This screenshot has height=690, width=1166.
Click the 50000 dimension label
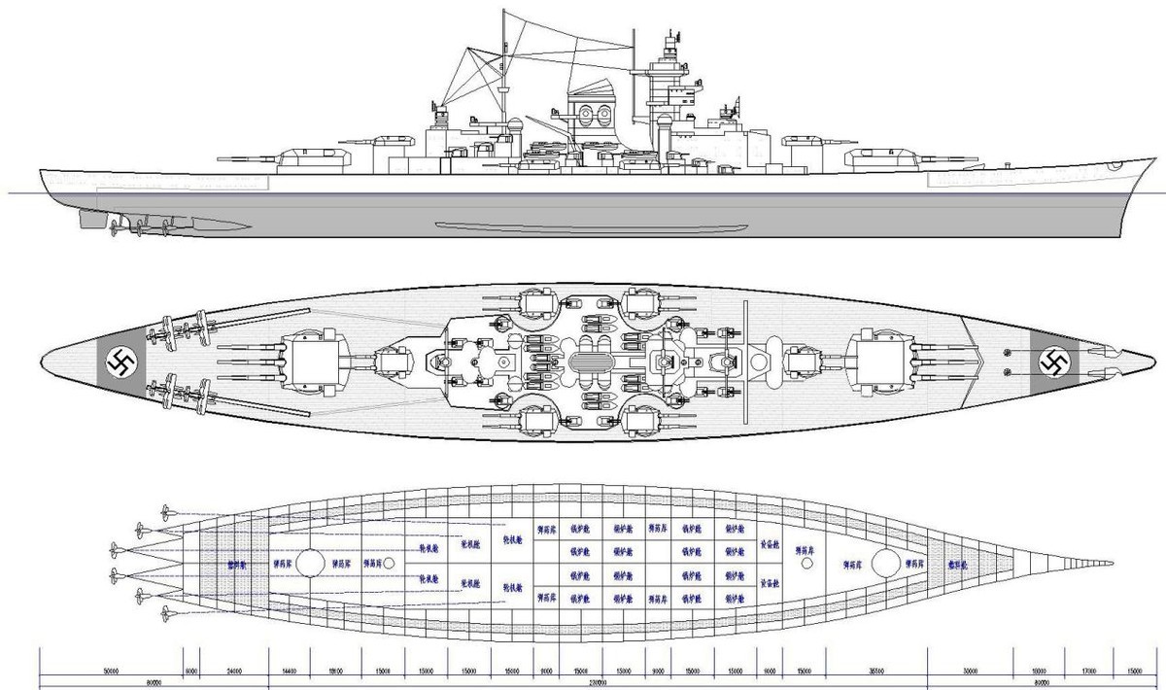click(x=109, y=671)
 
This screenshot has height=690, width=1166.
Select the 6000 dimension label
click(x=190, y=671)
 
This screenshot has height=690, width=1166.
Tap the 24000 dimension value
click(x=234, y=671)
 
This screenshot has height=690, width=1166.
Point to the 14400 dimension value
click(x=289, y=671)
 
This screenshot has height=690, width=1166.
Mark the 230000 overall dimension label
click(x=598, y=683)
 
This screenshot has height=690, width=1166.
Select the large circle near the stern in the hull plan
click(x=309, y=563)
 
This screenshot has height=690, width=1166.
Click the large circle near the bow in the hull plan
click(x=885, y=563)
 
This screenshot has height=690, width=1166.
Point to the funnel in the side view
click(x=591, y=109)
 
